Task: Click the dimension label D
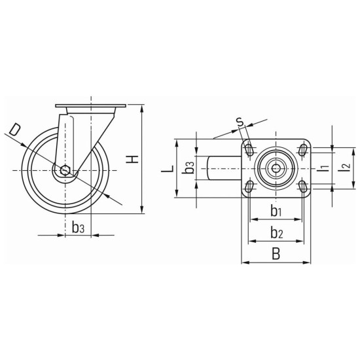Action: [x=14, y=130]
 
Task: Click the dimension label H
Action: [x=132, y=159]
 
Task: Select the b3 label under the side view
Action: [x=78, y=228]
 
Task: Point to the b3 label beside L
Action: [x=189, y=167]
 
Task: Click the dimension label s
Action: [x=240, y=122]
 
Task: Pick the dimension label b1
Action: [x=276, y=211]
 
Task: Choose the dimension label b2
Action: [x=276, y=232]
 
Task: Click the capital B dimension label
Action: [x=276, y=254]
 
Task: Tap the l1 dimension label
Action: [x=323, y=168]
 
